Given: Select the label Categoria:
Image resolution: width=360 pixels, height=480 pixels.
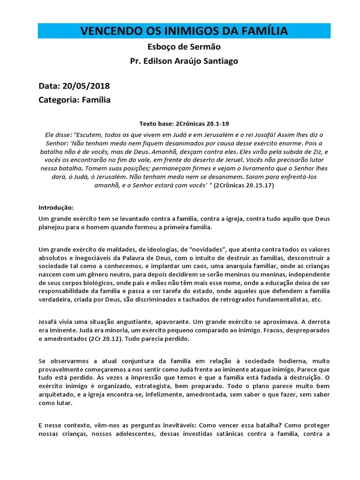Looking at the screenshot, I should point(59,100).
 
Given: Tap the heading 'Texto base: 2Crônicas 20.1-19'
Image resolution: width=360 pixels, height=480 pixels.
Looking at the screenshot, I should point(184,124).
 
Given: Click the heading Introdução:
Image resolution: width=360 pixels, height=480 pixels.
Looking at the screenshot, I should point(56,208).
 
